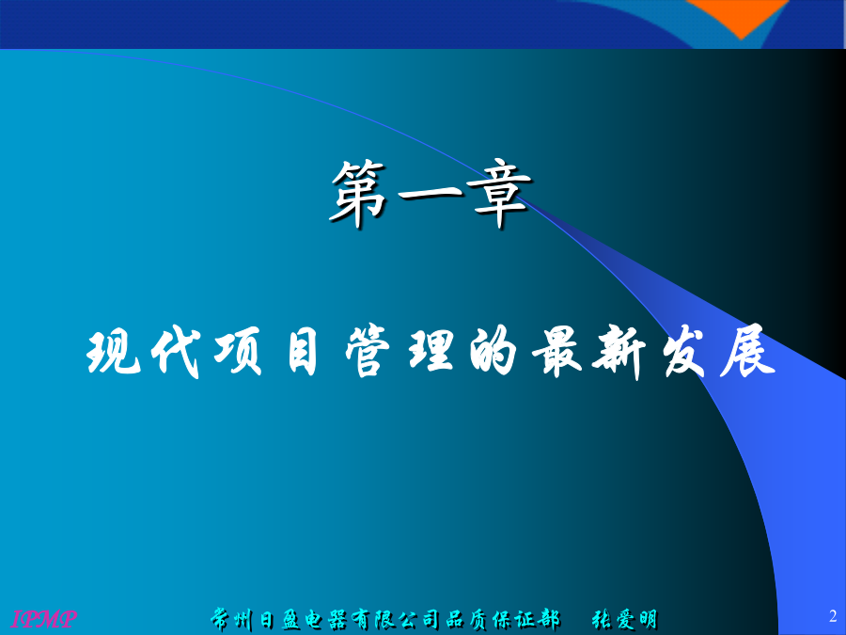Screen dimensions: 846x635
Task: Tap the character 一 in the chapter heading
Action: (x=430, y=193)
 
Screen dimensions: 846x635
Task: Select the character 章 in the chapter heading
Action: (x=499, y=192)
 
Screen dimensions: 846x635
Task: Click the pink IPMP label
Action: (x=43, y=618)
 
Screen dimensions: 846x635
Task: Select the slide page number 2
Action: (x=833, y=615)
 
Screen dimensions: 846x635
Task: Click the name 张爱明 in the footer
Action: (x=624, y=619)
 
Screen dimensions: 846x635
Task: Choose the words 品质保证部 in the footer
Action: (x=502, y=619)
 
